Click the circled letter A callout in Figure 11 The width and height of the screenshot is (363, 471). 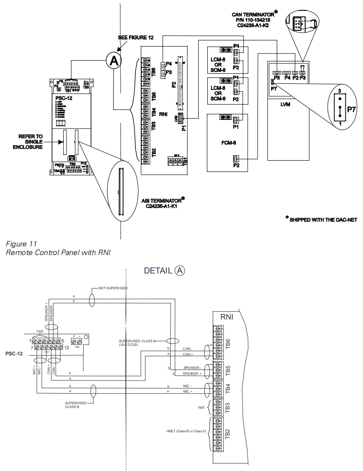coord(114,61)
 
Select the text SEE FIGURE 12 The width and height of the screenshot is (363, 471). coord(136,38)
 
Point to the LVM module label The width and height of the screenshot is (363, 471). coord(285,104)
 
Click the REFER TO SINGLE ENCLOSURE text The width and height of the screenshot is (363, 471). coord(30,142)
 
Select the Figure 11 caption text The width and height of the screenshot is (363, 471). coord(19,244)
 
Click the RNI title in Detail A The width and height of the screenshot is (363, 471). coord(227,317)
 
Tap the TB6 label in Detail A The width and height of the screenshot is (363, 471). coord(228,343)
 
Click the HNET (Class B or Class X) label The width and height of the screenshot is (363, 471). coord(186,431)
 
